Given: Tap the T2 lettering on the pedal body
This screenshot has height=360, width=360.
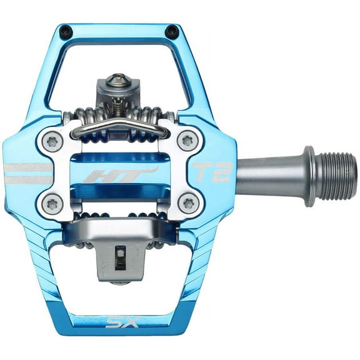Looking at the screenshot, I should click(211, 171).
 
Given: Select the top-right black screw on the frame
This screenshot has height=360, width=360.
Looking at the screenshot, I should click(170, 31).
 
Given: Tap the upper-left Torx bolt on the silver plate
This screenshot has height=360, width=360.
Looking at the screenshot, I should click(52, 141).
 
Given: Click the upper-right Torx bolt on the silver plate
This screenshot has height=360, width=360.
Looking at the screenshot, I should click(187, 140).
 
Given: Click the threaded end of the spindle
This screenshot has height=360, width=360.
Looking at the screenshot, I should click(338, 176).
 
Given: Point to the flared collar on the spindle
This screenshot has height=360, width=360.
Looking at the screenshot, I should click(309, 176).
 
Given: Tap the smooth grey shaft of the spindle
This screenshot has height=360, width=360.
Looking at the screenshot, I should click(269, 176).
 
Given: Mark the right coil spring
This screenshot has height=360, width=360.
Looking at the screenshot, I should click(150, 116).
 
